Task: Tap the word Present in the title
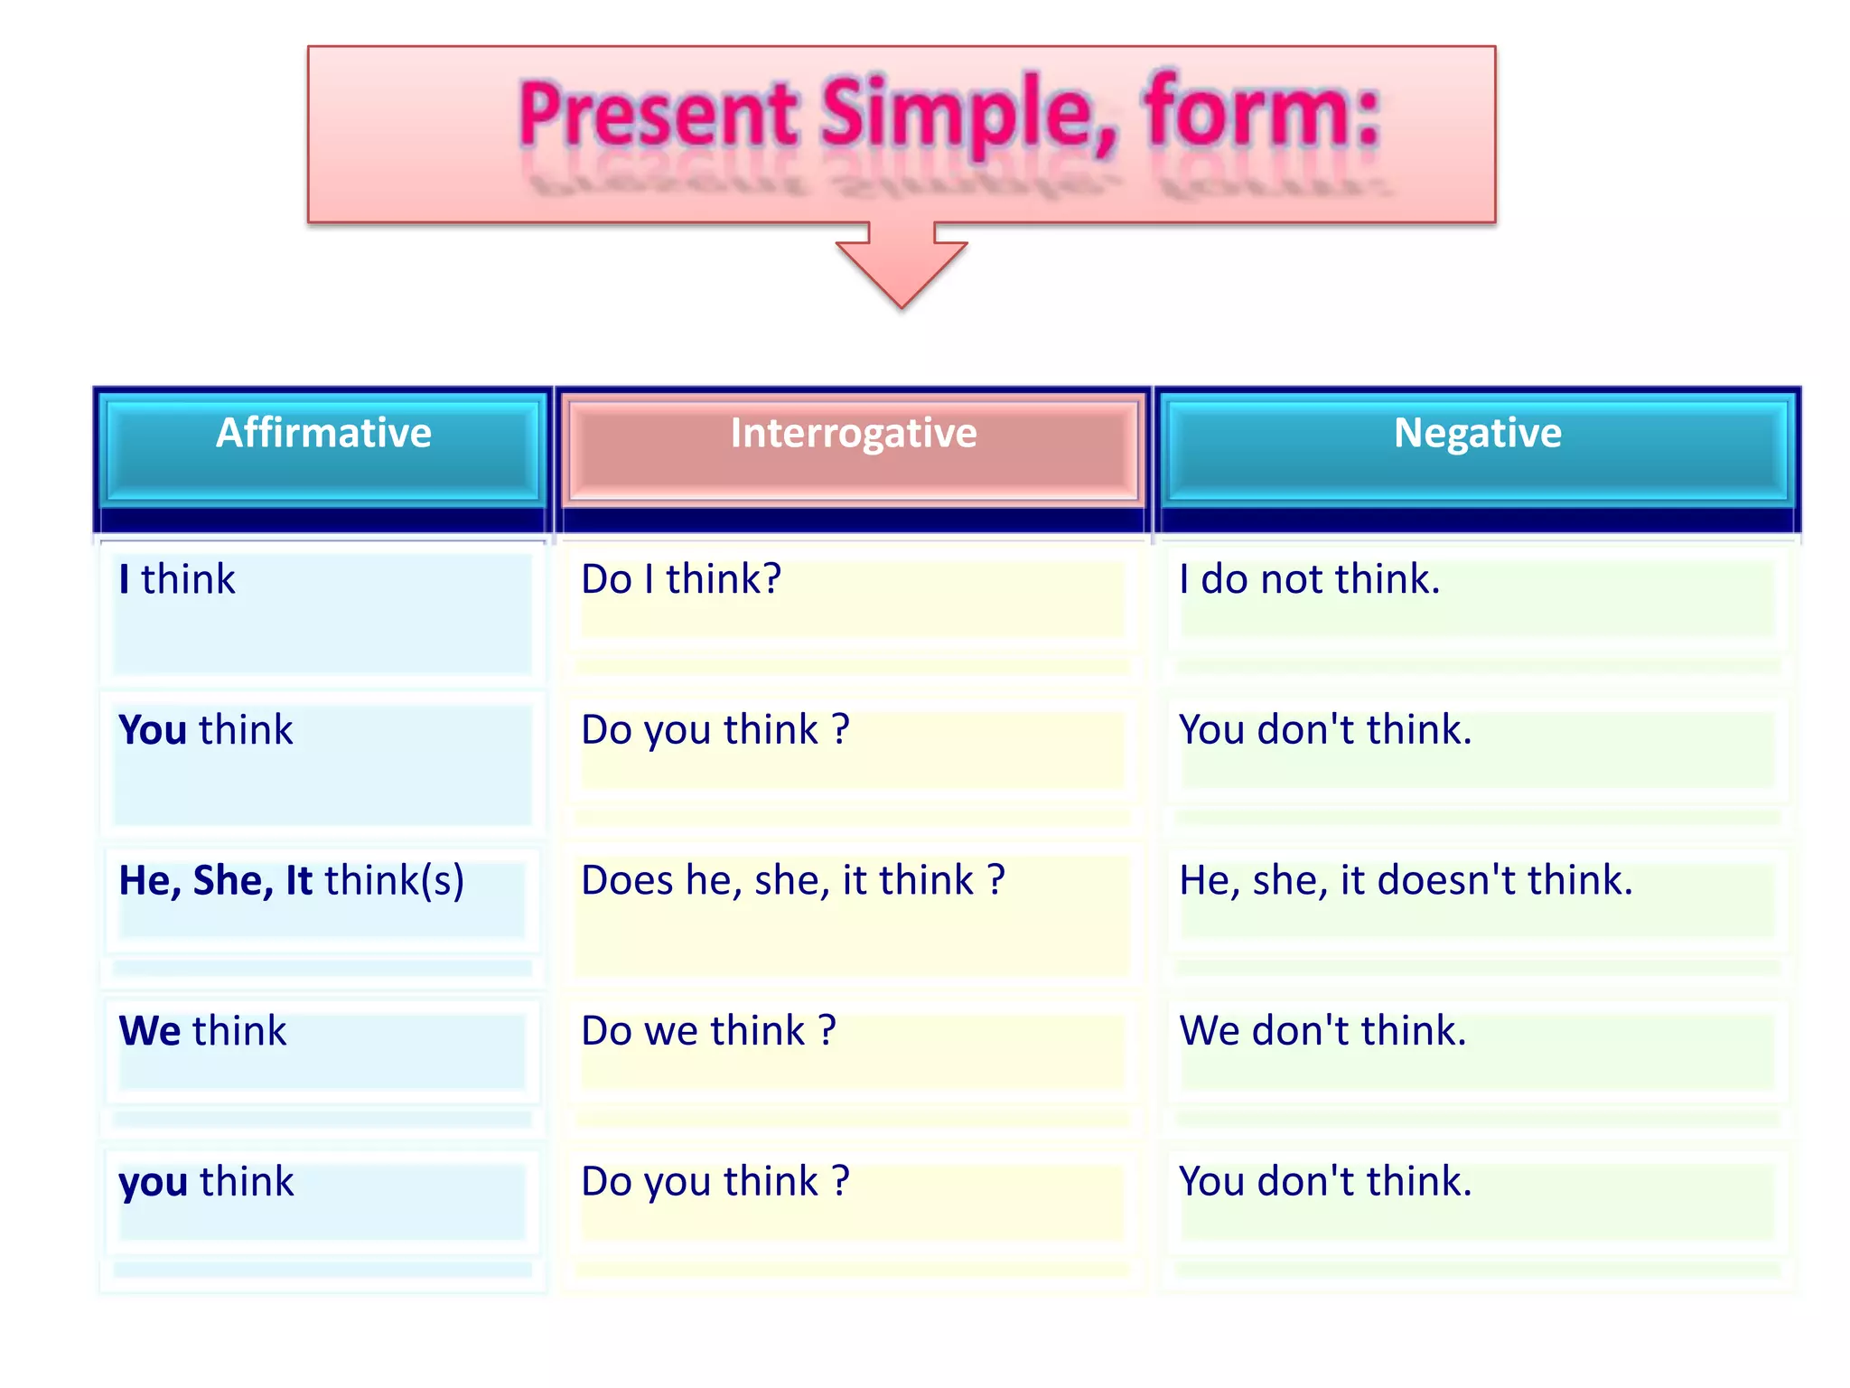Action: pos(659,116)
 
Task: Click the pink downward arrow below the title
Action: pos(902,267)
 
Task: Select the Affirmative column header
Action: pos(323,434)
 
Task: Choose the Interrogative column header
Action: pos(853,434)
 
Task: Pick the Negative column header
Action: pos(1477,434)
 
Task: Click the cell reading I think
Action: pos(177,580)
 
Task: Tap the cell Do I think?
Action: pos(681,580)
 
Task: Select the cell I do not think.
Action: pos(1309,580)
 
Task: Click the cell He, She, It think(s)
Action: pos(292,881)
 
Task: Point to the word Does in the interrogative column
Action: pos(628,881)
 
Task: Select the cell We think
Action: pos(203,1031)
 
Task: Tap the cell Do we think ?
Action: pos(709,1031)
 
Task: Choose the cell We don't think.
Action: pos(1322,1031)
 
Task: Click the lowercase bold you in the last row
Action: pos(154,1183)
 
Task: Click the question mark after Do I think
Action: pos(772,580)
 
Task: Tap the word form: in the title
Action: pos(1263,116)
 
